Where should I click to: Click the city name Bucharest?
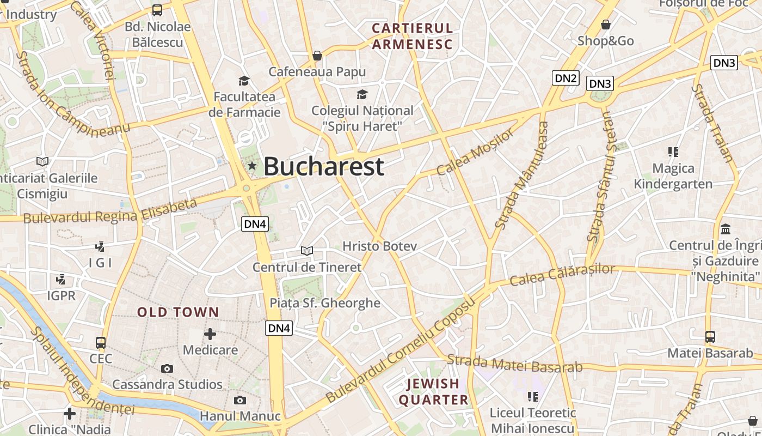click(x=324, y=167)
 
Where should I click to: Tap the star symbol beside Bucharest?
click(x=252, y=166)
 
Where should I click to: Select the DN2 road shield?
click(x=566, y=78)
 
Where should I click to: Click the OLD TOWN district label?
click(x=178, y=312)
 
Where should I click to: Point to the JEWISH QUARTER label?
click(x=434, y=392)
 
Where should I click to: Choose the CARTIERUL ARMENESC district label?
click(x=412, y=36)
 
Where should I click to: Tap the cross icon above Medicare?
click(x=210, y=334)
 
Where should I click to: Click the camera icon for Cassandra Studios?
click(x=167, y=369)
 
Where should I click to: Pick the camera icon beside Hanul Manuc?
click(x=239, y=401)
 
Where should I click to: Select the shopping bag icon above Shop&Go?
click(x=606, y=25)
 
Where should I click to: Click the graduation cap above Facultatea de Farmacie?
click(x=244, y=81)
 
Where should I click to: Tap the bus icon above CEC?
click(x=101, y=343)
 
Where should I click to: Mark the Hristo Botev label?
click(x=379, y=246)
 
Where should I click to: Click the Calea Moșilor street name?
click(x=475, y=152)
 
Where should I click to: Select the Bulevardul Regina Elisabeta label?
click(x=110, y=211)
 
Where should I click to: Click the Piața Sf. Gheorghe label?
click(x=325, y=303)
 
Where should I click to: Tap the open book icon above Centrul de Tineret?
click(x=307, y=251)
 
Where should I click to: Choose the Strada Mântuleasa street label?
click(x=522, y=175)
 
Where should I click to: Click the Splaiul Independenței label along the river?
click(x=82, y=371)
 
